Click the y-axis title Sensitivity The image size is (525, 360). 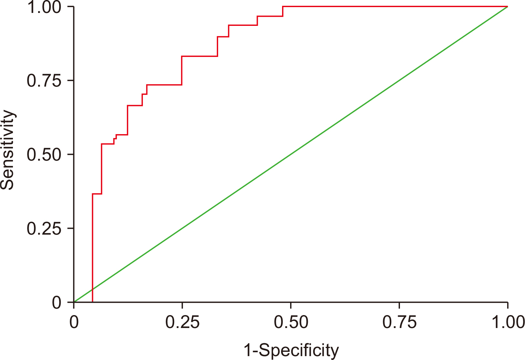(x=8, y=150)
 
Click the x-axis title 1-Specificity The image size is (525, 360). (x=291, y=350)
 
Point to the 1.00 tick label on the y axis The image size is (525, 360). (x=44, y=7)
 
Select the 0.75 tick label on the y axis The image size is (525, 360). (x=44, y=80)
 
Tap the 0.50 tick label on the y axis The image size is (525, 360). (x=44, y=154)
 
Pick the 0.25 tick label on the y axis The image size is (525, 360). (x=44, y=228)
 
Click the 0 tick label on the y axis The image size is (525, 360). (x=57, y=303)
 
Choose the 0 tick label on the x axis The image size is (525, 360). (x=74, y=322)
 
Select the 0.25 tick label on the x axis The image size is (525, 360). (x=182, y=322)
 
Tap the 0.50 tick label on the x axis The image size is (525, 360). (x=291, y=322)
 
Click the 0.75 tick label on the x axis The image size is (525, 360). (x=399, y=322)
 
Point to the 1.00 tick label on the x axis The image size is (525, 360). (x=508, y=322)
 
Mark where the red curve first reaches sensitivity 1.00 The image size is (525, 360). (x=283, y=6)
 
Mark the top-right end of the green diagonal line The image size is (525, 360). (x=508, y=6)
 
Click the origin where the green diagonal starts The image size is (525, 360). (x=74, y=302)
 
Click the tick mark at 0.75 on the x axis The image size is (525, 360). (x=399, y=305)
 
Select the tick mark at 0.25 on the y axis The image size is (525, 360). (x=71, y=228)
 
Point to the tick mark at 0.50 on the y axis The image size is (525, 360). (x=71, y=154)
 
